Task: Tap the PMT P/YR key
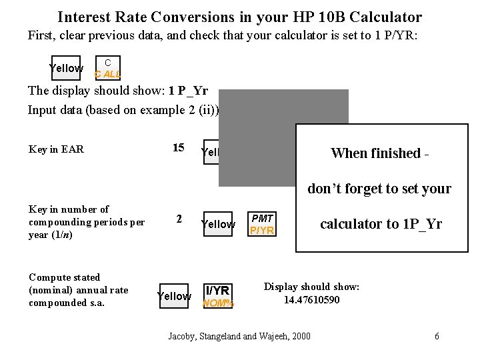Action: (261, 225)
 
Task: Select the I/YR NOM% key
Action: (218, 296)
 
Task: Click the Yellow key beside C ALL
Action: (66, 68)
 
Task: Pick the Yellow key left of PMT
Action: (218, 225)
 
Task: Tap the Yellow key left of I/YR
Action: (174, 296)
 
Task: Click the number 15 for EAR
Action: (178, 148)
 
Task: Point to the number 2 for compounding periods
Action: (178, 219)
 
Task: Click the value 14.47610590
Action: (311, 300)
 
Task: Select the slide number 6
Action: (437, 336)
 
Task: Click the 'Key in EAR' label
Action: (56, 149)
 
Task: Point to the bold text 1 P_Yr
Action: (188, 91)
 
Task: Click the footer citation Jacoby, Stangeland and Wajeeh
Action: (239, 336)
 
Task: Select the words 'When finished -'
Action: (379, 153)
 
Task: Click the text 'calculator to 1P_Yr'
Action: (381, 224)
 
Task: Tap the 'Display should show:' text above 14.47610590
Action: (311, 287)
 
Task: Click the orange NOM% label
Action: (218, 303)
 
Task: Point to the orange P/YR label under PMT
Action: (261, 231)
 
